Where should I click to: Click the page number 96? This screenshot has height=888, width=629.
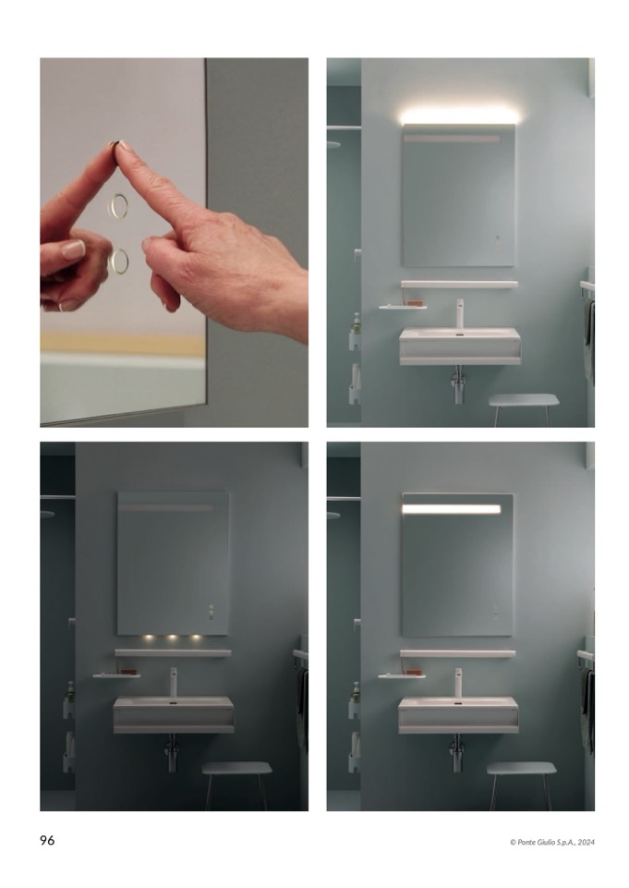pos(47,840)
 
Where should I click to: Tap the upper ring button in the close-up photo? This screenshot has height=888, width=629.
pos(118,205)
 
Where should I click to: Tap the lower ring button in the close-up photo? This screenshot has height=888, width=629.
pos(118,262)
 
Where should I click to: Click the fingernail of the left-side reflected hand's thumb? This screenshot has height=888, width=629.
pos(73,249)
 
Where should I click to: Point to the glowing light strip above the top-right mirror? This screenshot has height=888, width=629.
pos(458,116)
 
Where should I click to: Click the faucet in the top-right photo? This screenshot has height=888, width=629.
pos(460,314)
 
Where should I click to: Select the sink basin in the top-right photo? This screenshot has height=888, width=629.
pos(460,346)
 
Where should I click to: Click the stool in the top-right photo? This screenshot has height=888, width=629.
pos(524,408)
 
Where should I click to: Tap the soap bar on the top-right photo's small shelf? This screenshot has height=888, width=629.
pos(417,303)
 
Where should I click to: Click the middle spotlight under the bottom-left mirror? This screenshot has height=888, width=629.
pos(172,639)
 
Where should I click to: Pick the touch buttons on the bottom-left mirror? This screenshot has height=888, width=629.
pos(212,612)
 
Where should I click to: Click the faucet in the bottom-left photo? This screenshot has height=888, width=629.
pos(174,682)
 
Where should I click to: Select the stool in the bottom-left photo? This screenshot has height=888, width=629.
pos(236,785)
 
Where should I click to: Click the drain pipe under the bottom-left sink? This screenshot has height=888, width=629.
pos(172,753)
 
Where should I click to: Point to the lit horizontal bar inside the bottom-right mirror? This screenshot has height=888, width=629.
pos(452,509)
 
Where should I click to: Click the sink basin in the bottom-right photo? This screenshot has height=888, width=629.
pos(458,715)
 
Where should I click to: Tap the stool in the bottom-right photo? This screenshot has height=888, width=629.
pos(522,785)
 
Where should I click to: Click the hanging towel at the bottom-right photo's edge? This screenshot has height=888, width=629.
pos(588,711)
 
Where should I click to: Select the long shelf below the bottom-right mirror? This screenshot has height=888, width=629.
pos(457,653)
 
